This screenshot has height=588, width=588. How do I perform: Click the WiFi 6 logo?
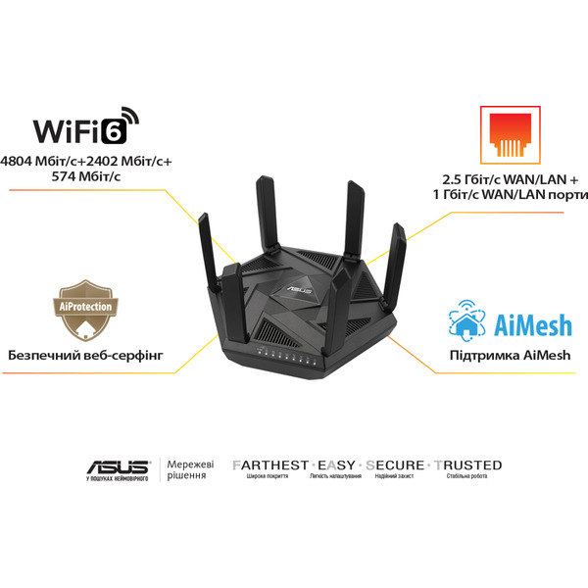87,127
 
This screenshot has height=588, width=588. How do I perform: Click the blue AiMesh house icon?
468,319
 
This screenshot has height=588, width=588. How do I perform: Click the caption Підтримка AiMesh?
509,355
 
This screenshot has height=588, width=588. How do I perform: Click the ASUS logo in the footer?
117,466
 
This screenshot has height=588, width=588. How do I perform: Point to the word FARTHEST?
269,465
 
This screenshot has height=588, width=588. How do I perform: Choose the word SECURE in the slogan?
396,465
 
